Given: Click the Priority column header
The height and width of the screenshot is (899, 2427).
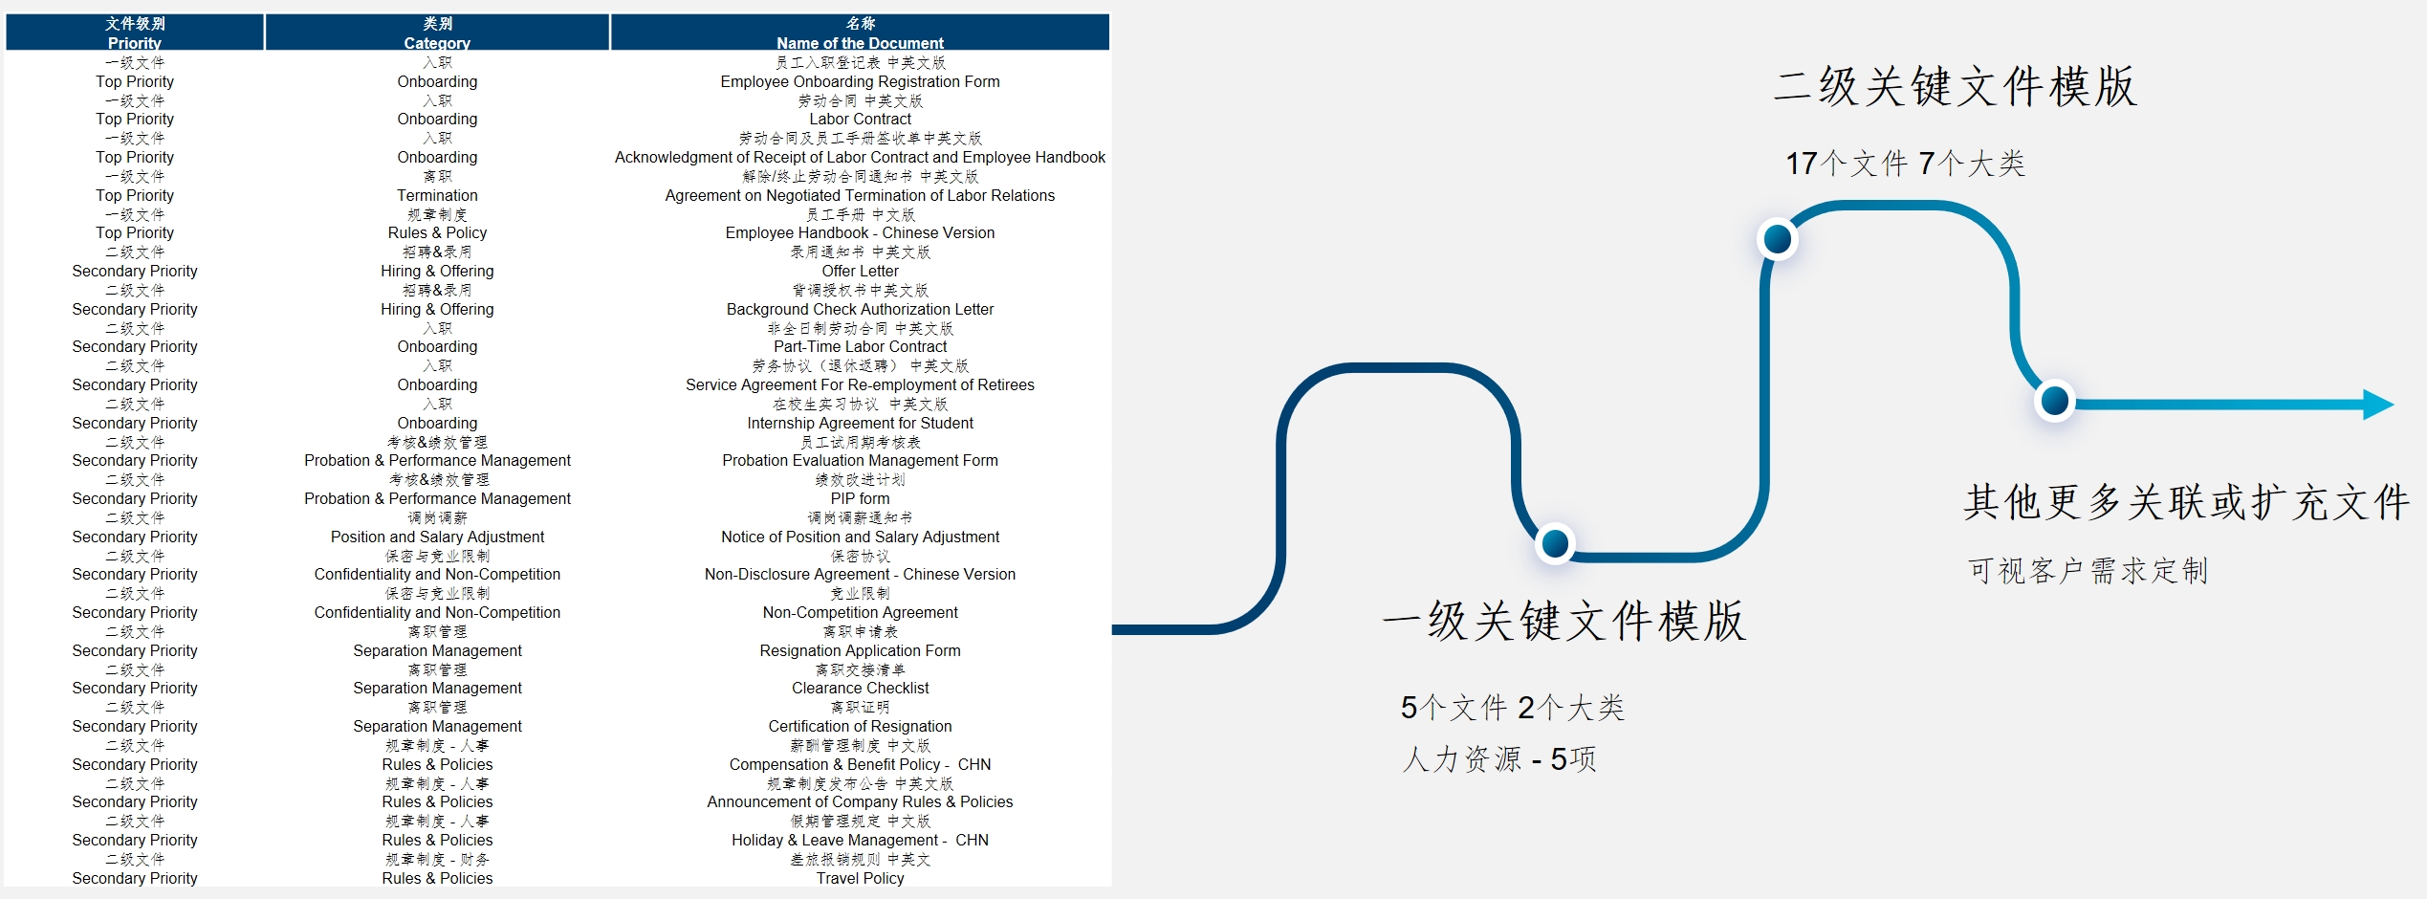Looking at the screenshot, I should coord(135,33).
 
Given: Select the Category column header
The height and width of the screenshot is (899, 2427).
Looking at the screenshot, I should coord(437,33).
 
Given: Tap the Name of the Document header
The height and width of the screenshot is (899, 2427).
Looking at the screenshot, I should coord(860,33).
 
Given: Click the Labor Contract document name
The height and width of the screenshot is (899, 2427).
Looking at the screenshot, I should coord(860,120).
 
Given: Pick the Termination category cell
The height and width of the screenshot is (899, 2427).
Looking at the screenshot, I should coord(437,195).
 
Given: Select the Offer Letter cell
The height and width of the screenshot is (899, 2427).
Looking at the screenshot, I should coord(860,272).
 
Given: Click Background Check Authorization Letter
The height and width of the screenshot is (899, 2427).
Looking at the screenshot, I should coord(860,309).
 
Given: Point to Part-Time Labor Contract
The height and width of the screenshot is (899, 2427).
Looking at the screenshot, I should coord(860,347).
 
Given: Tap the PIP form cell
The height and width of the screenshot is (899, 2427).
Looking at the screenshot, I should coord(860,499).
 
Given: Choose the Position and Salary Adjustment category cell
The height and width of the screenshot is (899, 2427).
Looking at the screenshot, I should coord(437,537).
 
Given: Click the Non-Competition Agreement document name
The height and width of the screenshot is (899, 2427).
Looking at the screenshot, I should coord(860,613).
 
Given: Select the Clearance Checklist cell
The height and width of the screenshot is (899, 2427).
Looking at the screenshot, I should coord(860,689).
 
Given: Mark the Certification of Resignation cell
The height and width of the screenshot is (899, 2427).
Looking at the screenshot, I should coord(860,727).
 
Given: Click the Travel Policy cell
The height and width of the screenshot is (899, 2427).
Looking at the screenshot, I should coord(860,878).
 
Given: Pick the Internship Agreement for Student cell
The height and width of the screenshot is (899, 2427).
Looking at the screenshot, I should coord(860,424).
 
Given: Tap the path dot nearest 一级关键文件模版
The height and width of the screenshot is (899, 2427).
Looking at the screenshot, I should coord(1555,543).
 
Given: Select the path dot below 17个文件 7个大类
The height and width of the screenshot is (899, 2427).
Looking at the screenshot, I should coord(1777,239).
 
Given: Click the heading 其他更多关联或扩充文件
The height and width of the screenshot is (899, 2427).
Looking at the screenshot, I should coord(2186,502).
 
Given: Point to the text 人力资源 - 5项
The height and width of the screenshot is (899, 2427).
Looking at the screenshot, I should coord(1498,759).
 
